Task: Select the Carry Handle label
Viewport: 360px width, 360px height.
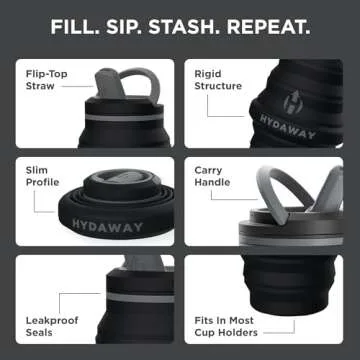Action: tap(213, 177)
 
